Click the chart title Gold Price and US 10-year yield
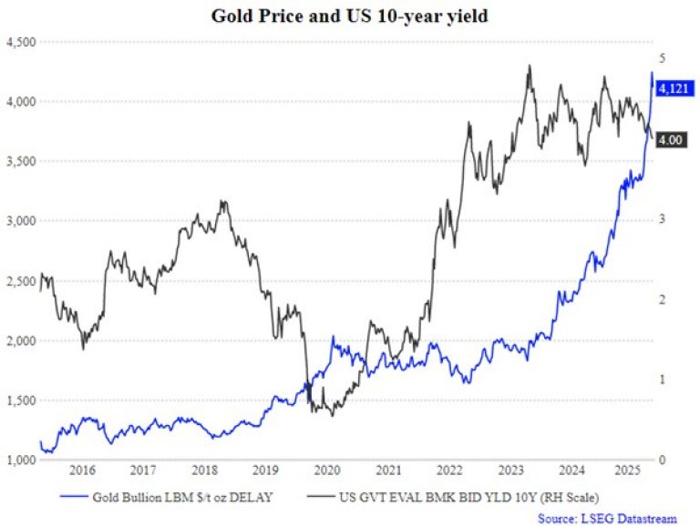(350, 15)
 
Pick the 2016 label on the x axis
(82, 470)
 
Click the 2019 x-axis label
(264, 470)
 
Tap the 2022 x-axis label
(448, 470)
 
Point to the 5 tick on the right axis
(663, 58)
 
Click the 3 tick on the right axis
(663, 219)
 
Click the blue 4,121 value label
(671, 88)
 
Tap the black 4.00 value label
(671, 139)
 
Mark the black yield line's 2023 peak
(530, 66)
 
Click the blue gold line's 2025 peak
(652, 72)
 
